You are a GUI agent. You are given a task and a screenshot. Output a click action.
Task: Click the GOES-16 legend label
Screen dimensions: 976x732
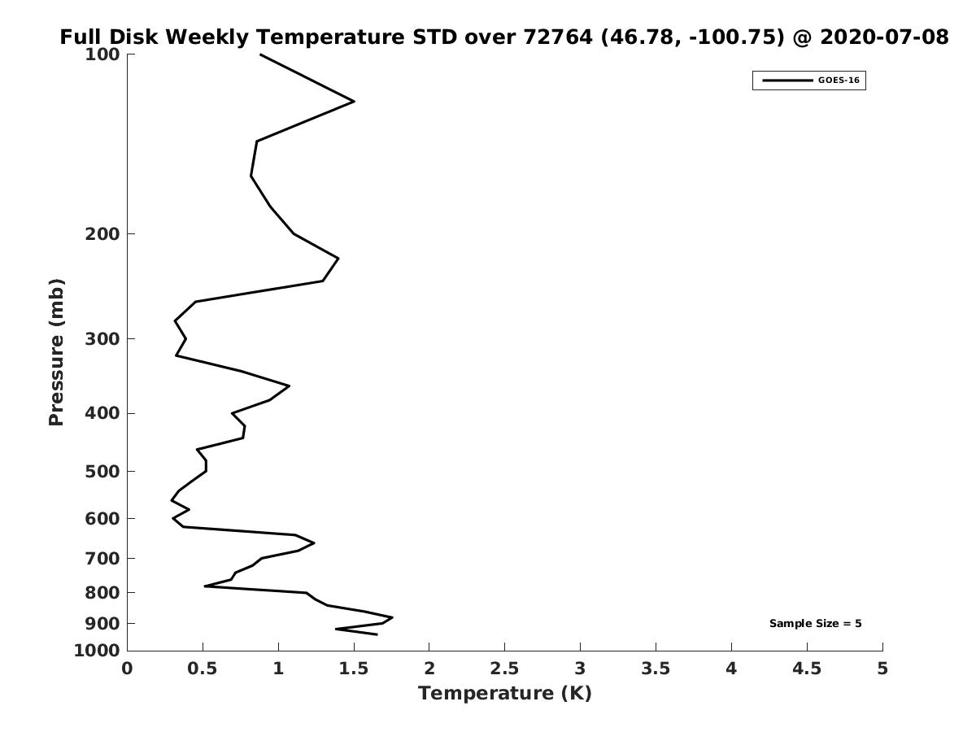click(839, 81)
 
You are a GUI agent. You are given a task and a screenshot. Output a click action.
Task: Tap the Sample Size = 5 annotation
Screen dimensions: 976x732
click(816, 624)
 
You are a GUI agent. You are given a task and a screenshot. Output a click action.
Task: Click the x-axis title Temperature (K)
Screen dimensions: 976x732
click(505, 693)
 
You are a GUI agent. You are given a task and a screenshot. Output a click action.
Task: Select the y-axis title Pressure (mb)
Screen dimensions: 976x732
click(56, 352)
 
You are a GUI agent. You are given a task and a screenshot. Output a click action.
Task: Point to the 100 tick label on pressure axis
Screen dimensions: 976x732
click(102, 54)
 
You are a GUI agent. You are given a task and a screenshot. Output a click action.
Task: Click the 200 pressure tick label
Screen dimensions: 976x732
click(102, 233)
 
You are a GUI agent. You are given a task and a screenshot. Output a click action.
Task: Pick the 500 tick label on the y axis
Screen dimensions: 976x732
click(102, 472)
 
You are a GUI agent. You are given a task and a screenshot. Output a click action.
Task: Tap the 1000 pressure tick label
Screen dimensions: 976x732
click(97, 651)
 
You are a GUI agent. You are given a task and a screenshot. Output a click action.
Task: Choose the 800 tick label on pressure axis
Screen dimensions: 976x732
click(102, 593)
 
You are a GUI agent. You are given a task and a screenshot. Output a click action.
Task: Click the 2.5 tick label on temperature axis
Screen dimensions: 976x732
click(504, 669)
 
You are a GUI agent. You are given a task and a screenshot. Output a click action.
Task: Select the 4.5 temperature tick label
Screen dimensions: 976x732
click(807, 669)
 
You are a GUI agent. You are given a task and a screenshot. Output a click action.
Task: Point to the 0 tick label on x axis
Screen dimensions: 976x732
click(127, 669)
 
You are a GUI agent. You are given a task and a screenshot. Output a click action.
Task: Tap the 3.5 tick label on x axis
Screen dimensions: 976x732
click(656, 669)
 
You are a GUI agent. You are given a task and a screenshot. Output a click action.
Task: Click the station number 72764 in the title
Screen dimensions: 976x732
click(558, 37)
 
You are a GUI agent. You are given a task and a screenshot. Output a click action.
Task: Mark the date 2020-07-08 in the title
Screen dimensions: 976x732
click(884, 37)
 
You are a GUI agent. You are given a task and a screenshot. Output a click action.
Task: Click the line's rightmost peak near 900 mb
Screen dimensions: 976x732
click(392, 617)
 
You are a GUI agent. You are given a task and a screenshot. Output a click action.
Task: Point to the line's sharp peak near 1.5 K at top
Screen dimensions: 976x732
click(354, 102)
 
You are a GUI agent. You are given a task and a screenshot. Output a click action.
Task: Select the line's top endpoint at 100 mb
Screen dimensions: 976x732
click(260, 54)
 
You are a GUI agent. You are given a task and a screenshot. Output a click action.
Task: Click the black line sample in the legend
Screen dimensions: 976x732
click(787, 81)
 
